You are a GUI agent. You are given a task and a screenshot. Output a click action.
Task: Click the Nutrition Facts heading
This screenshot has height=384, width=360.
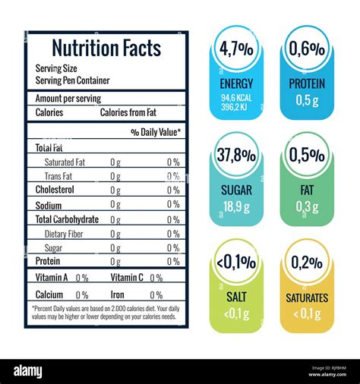point(106,49)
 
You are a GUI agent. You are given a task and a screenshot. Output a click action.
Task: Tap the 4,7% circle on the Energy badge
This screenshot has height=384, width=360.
point(236,50)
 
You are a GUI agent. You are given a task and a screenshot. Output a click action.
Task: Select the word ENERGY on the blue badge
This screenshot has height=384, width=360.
point(236,83)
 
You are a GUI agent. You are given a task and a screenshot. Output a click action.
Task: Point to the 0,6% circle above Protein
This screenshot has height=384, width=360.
point(307,50)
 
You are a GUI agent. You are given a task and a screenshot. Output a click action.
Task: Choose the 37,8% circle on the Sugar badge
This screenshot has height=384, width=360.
point(236,156)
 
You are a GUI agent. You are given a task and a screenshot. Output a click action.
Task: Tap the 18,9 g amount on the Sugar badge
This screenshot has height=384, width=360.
point(236,206)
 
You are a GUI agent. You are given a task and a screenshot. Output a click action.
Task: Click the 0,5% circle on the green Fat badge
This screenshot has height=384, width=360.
point(307,156)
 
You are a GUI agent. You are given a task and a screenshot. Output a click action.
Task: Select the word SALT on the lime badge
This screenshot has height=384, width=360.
point(236,297)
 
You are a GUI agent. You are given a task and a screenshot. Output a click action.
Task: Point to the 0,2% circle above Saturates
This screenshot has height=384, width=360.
point(307,263)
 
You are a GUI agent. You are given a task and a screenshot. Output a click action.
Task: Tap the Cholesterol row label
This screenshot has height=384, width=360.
point(55,190)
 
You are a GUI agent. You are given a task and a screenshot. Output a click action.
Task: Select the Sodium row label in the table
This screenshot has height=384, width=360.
point(49,205)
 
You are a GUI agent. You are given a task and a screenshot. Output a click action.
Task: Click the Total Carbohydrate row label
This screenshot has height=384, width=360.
point(67,219)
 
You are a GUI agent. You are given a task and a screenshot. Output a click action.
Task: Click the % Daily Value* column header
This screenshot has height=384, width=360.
point(156,132)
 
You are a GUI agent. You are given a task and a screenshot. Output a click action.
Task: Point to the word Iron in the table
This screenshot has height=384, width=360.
point(118,294)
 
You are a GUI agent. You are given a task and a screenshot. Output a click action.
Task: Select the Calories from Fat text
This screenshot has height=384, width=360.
point(128,112)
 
